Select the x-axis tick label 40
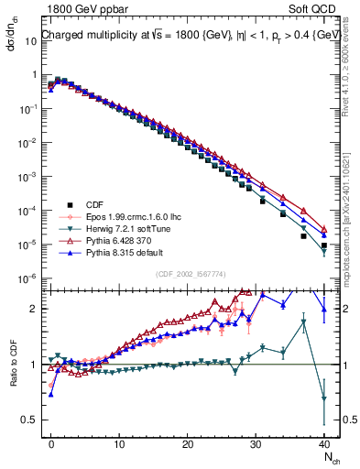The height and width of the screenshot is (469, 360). [x=323, y=443]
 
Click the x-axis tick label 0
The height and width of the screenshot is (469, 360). [x=51, y=443]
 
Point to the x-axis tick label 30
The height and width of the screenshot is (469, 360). [x=256, y=443]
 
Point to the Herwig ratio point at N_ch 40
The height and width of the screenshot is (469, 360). [x=323, y=398]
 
